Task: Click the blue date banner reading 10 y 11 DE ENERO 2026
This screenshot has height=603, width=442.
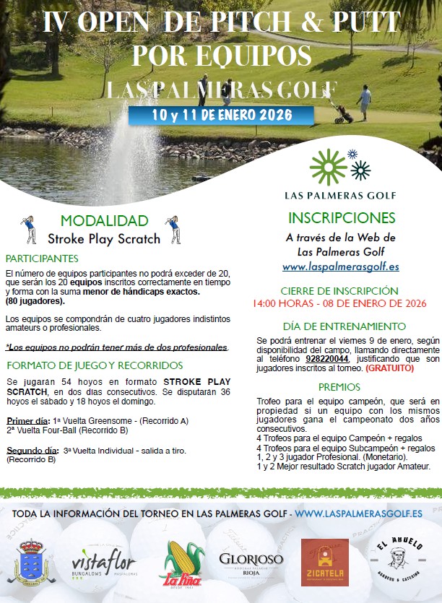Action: pos(222,116)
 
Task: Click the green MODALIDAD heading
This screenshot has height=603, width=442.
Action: pos(105,221)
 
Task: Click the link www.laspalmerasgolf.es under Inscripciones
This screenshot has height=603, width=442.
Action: pos(341,266)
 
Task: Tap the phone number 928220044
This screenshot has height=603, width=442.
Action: pos(327,358)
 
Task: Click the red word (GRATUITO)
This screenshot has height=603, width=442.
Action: pos(390,368)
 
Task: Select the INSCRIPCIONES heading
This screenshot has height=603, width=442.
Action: pos(342,218)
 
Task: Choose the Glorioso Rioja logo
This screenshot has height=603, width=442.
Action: pos(251,562)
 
